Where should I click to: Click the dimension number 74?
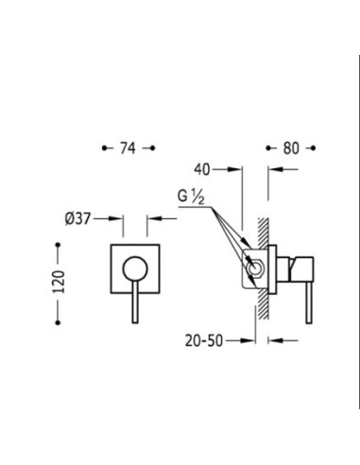point(128,147)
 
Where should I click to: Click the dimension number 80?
point(291,148)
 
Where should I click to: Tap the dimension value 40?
point(201,169)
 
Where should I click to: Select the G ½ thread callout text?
point(191,198)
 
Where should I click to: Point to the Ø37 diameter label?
point(77,218)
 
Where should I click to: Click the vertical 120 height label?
point(59,282)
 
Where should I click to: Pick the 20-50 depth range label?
point(204,340)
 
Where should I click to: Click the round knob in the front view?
point(135,268)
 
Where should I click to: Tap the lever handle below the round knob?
point(135,301)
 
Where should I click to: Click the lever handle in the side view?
point(309,301)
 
